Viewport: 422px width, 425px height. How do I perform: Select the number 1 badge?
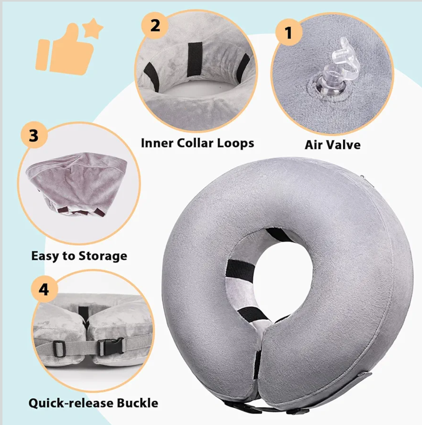tap(289, 32)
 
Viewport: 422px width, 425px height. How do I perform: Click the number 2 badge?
tap(155, 25)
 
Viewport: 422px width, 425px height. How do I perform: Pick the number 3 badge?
tap(33, 136)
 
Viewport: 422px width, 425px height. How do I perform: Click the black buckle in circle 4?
tap(110, 347)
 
